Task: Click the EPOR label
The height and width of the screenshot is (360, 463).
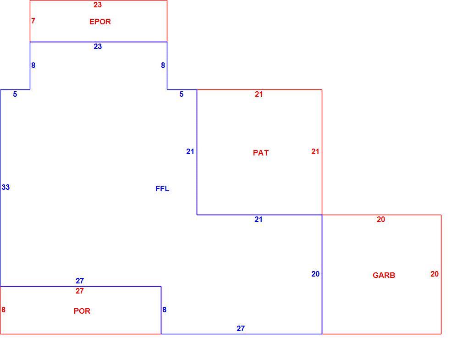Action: tap(100, 22)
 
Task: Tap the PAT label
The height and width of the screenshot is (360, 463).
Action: tap(261, 153)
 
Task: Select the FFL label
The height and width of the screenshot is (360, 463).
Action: tap(162, 188)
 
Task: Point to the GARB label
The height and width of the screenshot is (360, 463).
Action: tap(384, 275)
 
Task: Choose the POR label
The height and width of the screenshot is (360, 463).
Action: tap(82, 311)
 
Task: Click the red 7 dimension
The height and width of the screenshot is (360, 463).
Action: tap(33, 21)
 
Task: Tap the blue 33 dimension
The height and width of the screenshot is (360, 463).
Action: tap(6, 187)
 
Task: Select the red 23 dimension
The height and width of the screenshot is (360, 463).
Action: tap(98, 5)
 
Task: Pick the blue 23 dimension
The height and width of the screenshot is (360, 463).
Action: tap(98, 46)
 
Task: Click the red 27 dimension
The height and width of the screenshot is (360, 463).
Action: tap(79, 291)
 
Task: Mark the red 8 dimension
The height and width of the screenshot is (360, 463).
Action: tap(3, 310)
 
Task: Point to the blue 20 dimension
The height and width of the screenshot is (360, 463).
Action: tap(315, 274)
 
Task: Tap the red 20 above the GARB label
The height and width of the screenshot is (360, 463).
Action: tap(381, 219)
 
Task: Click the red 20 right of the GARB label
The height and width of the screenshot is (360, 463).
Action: tap(435, 274)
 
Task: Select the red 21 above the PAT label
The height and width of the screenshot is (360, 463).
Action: tap(259, 94)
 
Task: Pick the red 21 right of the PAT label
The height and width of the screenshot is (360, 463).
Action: tap(315, 151)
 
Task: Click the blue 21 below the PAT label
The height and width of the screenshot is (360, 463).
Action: tap(259, 219)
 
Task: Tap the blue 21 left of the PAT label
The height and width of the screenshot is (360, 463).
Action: tap(190, 151)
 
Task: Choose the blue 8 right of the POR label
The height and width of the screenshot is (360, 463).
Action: tap(164, 310)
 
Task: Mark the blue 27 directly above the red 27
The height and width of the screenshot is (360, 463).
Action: tap(80, 281)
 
